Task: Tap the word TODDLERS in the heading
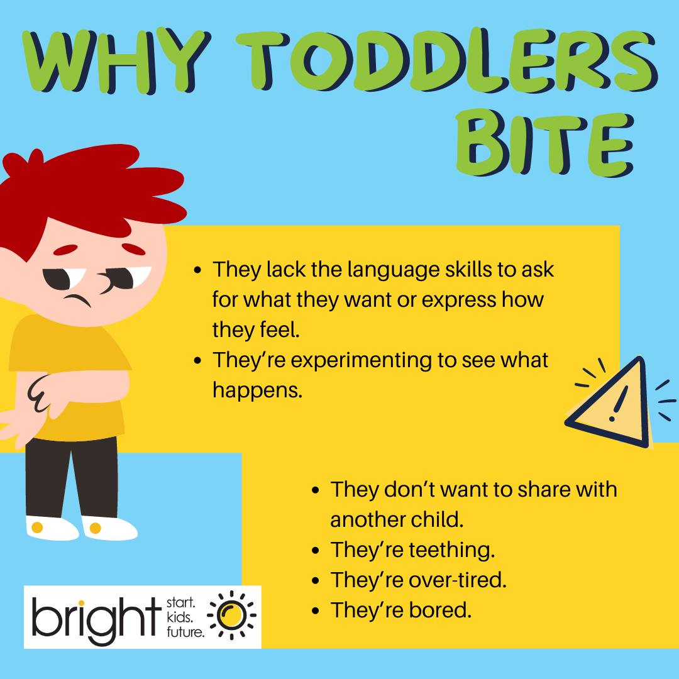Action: click(447, 60)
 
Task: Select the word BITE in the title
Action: click(544, 142)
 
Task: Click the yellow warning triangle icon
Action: click(610, 403)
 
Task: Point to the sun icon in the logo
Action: click(231, 615)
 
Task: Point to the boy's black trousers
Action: click(72, 477)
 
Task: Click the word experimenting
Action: click(361, 361)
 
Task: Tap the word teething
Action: click(451, 550)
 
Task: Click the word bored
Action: click(440, 610)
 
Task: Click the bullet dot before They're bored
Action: click(315, 611)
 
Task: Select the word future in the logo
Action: click(185, 632)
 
